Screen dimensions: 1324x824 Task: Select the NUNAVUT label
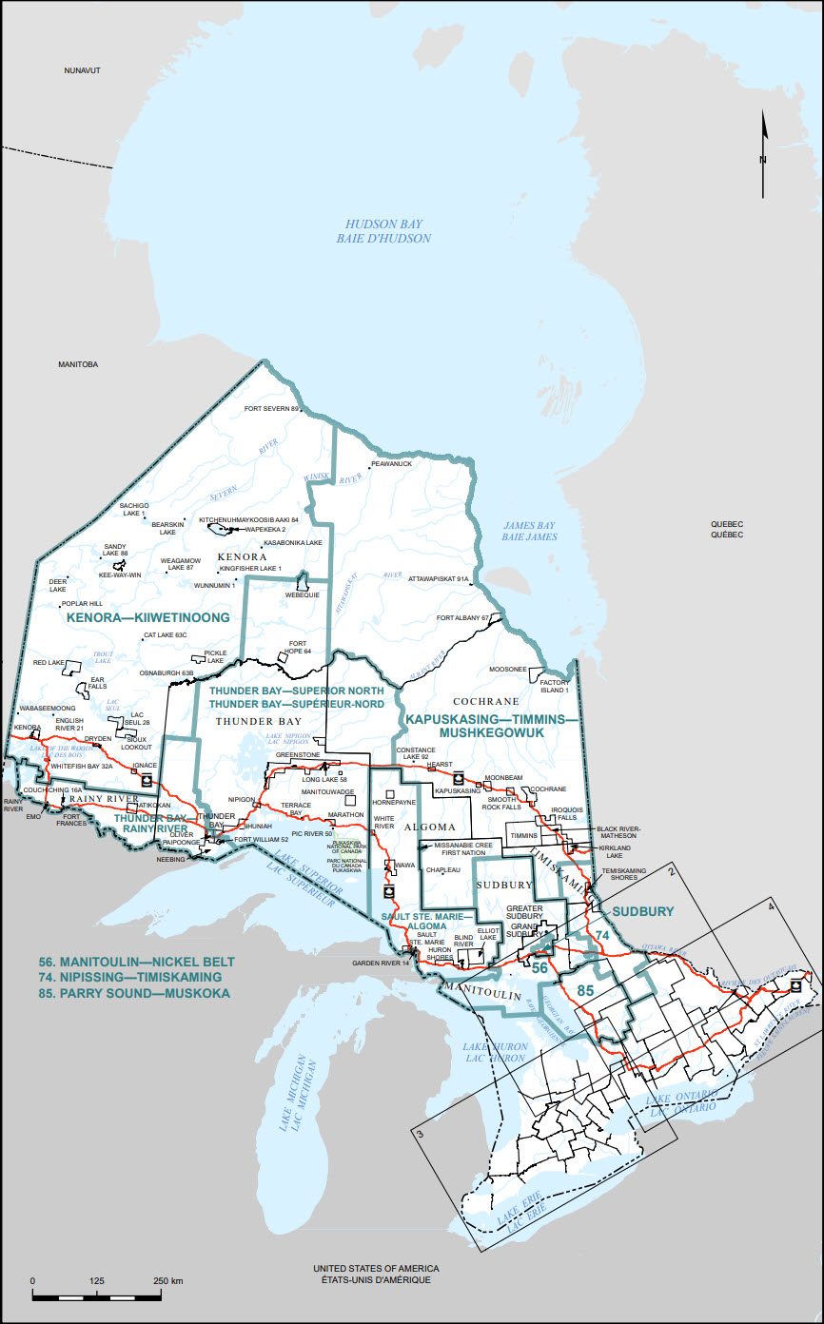pos(82,71)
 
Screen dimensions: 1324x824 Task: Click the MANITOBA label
pos(78,364)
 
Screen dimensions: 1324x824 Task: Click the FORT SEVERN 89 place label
pos(271,409)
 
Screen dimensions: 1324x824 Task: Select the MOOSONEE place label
pos(507,669)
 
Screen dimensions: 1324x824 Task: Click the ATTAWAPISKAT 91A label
pos(440,578)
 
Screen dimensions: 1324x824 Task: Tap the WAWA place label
pos(403,866)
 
